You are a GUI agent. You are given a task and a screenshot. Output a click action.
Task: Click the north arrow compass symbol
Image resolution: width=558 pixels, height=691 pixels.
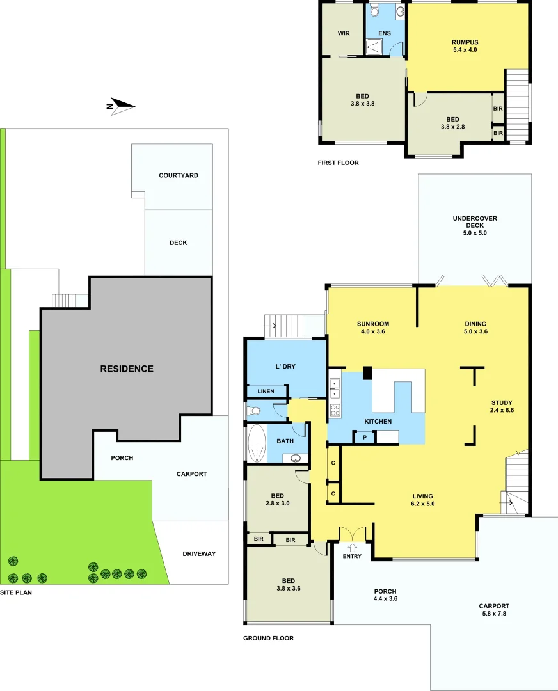[x=120, y=106]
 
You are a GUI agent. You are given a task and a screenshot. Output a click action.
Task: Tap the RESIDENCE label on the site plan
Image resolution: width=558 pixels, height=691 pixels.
[x=127, y=369]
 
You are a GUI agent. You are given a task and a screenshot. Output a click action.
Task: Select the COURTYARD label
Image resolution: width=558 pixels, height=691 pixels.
[x=179, y=175]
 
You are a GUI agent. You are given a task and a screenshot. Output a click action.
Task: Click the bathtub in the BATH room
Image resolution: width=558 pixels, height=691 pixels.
[x=256, y=443]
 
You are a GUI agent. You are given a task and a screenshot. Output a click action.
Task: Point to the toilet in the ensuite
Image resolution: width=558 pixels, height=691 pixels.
[x=376, y=10]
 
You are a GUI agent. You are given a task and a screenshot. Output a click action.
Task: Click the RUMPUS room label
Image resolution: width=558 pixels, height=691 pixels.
[x=465, y=42]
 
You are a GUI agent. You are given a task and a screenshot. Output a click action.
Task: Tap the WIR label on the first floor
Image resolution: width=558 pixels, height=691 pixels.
[x=343, y=33]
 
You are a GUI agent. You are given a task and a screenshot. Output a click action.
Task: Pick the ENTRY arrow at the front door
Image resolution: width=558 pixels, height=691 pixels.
[x=353, y=548]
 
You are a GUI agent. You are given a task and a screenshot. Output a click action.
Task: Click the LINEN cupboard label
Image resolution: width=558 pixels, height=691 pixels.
[x=266, y=391]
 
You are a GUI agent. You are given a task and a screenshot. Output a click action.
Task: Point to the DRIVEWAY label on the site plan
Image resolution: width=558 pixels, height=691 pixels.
[x=199, y=553]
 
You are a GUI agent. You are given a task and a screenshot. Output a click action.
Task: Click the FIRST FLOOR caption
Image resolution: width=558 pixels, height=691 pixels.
[x=338, y=163]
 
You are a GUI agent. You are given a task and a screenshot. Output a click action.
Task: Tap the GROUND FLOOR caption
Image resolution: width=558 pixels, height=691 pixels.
[x=268, y=639]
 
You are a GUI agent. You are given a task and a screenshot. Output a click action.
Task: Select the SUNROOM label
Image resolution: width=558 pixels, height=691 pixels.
[x=373, y=324]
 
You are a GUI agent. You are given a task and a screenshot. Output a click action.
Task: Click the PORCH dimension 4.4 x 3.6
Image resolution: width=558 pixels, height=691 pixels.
[x=385, y=600]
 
